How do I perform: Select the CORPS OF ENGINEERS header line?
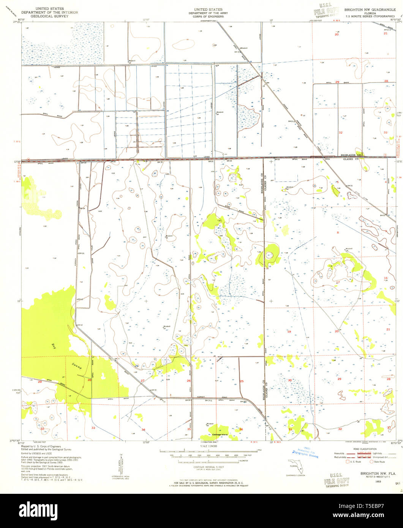pos(208,16)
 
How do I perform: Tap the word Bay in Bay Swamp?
pos(53,346)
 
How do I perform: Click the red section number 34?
pos(143,429)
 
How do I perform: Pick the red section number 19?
pos(289,332)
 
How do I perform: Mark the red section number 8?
pos(337,232)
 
